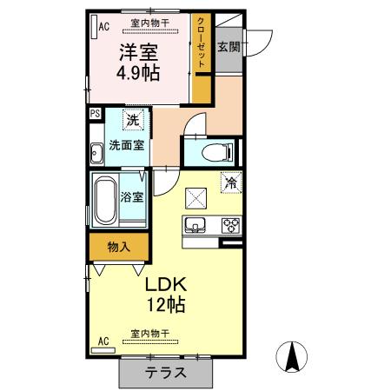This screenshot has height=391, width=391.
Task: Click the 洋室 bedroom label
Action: tap(139, 51)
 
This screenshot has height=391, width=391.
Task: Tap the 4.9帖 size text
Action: tap(139, 72)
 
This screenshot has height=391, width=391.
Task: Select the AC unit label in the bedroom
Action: tap(103, 26)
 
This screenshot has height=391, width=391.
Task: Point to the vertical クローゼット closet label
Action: tap(202, 43)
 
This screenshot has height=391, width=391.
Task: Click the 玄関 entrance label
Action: tap(229, 47)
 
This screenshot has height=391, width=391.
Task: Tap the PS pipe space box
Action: tap(95, 113)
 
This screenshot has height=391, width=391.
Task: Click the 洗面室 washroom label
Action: tap(126, 145)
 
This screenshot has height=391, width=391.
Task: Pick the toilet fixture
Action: tap(209, 154)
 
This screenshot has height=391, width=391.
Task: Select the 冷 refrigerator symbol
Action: tap(231, 183)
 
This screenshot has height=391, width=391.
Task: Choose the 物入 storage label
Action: tap(119, 247)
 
